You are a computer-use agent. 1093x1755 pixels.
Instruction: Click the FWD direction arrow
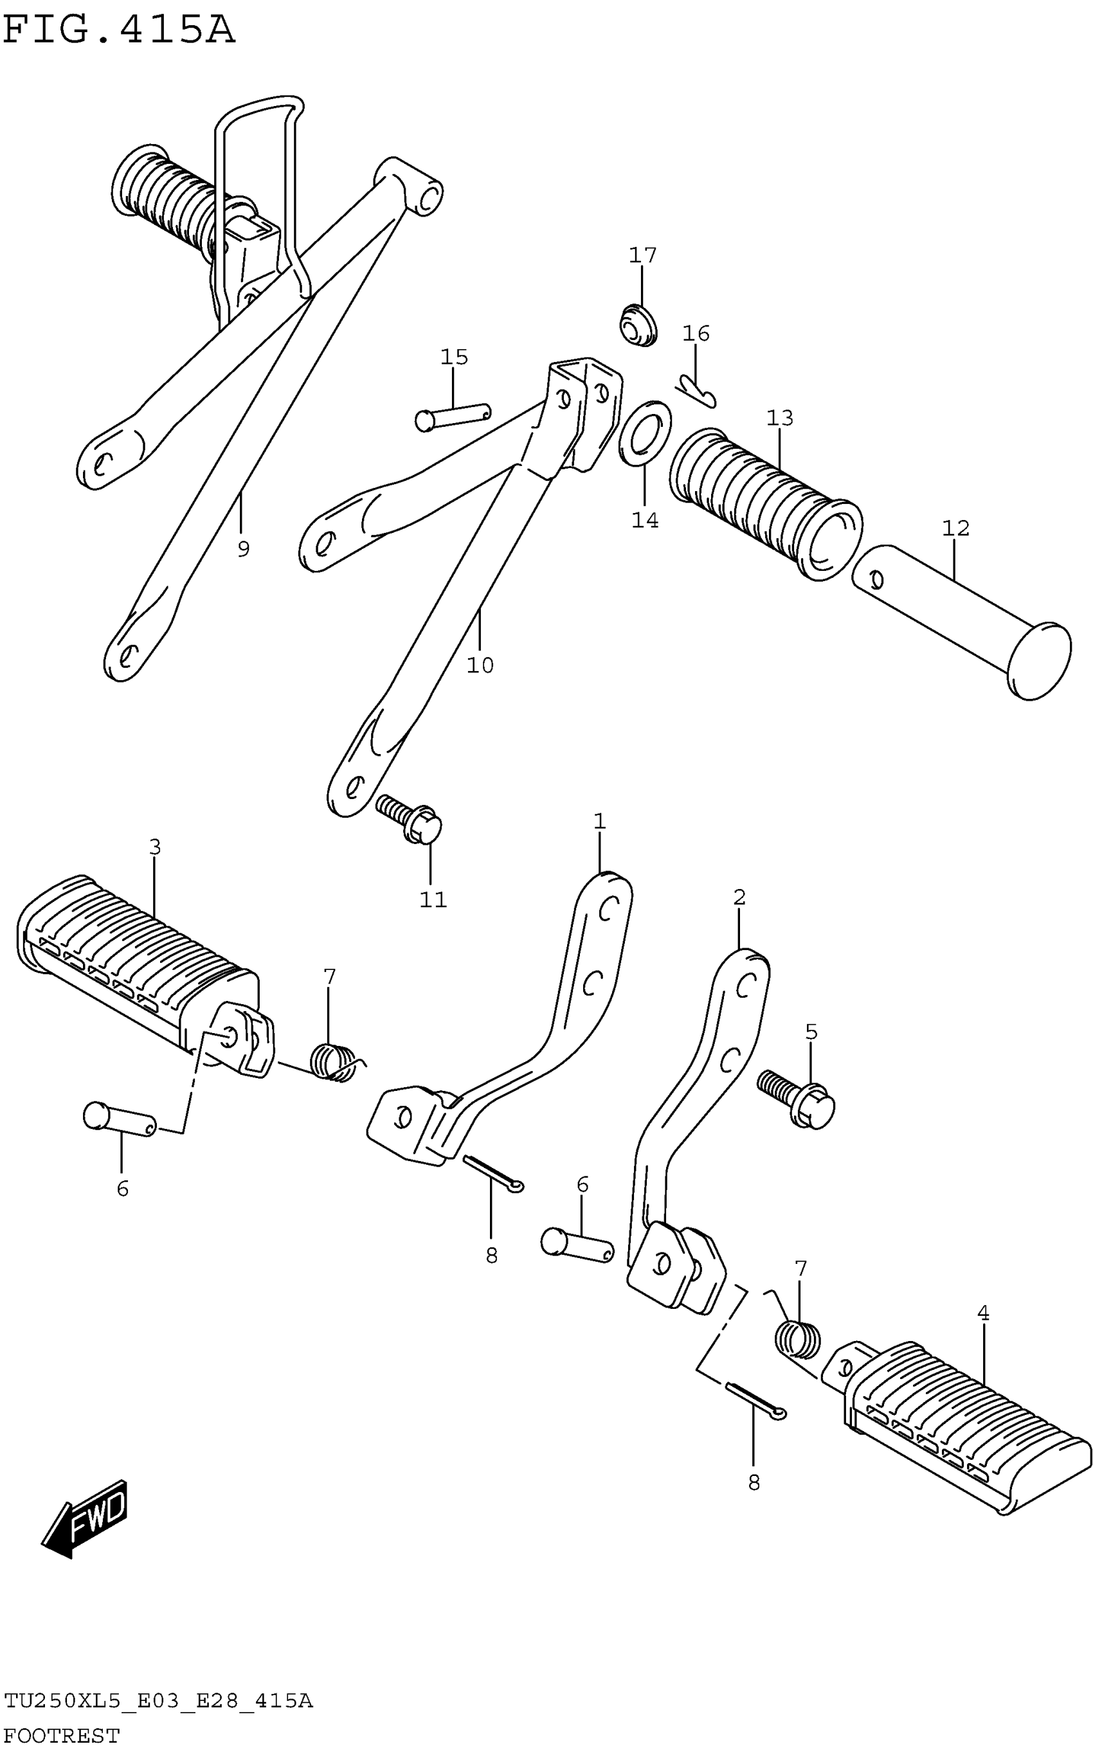click(86, 1517)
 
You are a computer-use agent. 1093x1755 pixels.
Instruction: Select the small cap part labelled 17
click(638, 325)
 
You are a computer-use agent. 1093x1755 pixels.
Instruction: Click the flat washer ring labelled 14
click(645, 434)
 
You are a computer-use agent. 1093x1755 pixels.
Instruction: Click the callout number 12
click(955, 528)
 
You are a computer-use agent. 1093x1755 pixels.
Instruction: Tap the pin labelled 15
click(453, 416)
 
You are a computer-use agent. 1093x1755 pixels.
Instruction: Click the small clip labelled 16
click(696, 390)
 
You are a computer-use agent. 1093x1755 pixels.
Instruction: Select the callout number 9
click(244, 550)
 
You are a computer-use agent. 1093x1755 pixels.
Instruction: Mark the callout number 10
click(480, 665)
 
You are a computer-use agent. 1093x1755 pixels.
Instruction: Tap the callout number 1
click(599, 821)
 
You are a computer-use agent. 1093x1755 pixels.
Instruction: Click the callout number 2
click(739, 897)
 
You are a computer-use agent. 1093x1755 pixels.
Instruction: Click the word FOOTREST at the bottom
click(62, 1735)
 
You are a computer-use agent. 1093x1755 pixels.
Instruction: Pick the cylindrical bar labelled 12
click(961, 622)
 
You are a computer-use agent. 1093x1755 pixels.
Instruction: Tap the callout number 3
click(155, 847)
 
